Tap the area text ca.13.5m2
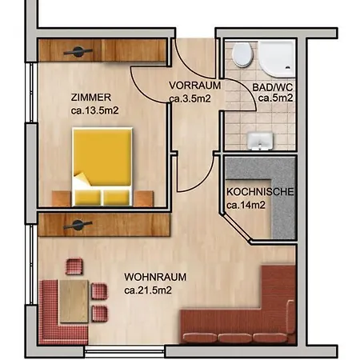pyautogui.click(x=95, y=110)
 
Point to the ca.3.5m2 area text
pyautogui.click(x=190, y=98)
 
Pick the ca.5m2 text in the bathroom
pyautogui.click(x=275, y=98)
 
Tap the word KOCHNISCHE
pyautogui.click(x=260, y=192)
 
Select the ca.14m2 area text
pyautogui.click(x=246, y=206)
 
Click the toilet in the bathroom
pyautogui.click(x=242, y=55)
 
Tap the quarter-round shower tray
pyautogui.click(x=280, y=56)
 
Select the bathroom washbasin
pyautogui.click(x=258, y=140)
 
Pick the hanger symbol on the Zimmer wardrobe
pyautogui.click(x=78, y=51)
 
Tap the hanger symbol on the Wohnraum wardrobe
pyautogui.click(x=78, y=223)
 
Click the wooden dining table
pyautogui.click(x=74, y=299)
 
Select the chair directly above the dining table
pyautogui.click(x=74, y=266)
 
